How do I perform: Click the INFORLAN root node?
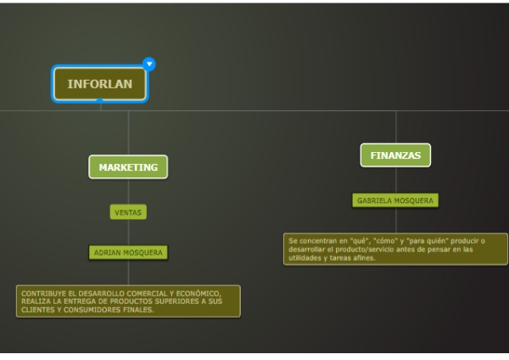pyautogui.click(x=99, y=84)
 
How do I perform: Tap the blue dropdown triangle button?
pyautogui.click(x=149, y=64)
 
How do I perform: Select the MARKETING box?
pyautogui.click(x=128, y=167)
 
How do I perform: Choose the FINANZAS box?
pyautogui.click(x=395, y=155)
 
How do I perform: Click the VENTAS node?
pyautogui.click(x=128, y=212)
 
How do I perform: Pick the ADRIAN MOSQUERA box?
pyautogui.click(x=128, y=252)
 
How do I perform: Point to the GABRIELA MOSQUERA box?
pyautogui.click(x=395, y=200)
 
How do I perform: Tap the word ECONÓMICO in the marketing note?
pyautogui.click(x=199, y=294)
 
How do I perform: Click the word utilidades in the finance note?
pyautogui.click(x=304, y=258)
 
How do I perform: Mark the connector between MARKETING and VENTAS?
pyautogui.click(x=128, y=192)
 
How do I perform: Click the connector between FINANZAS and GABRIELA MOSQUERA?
pyautogui.click(x=396, y=180)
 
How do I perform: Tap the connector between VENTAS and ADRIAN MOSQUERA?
pyautogui.click(x=128, y=233)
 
